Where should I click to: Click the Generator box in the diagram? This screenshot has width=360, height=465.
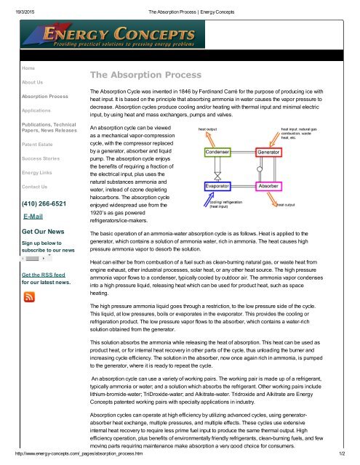[268, 152]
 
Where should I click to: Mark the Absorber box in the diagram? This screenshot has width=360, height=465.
[268, 186]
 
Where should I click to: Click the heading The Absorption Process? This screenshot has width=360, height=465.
[136, 75]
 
